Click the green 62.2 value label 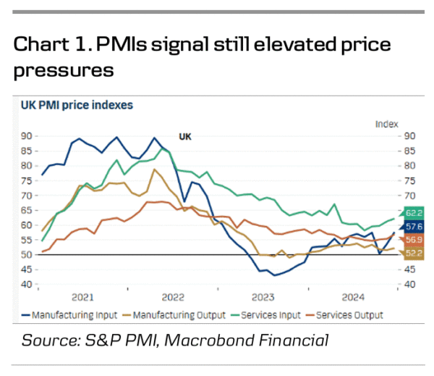[x=413, y=212]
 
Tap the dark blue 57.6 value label [x=413, y=227]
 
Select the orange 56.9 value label [x=413, y=240]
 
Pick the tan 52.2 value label [x=413, y=254]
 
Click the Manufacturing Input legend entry [x=70, y=315]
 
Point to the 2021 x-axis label [x=82, y=297]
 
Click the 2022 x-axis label [x=173, y=297]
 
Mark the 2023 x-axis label [x=263, y=297]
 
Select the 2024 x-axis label [x=353, y=297]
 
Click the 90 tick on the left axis [x=25, y=136]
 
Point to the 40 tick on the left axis [x=25, y=284]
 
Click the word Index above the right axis [x=387, y=123]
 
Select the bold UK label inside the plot [x=185, y=136]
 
